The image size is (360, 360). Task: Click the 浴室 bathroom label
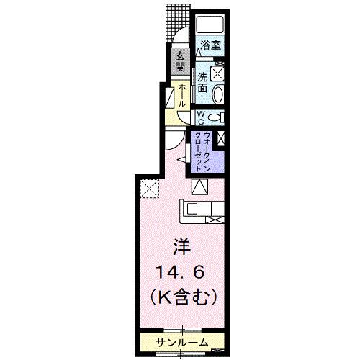[x=210, y=45]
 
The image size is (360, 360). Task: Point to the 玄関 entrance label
[x=179, y=62]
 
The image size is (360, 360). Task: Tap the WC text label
[x=203, y=117]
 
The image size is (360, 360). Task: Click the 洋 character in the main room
[x=180, y=247]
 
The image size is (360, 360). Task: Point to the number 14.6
[x=180, y=271]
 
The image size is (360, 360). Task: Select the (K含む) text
[x=180, y=296]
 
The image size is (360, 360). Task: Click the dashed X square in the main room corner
[x=148, y=189]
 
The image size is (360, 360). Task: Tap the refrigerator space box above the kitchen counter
[x=199, y=187]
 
